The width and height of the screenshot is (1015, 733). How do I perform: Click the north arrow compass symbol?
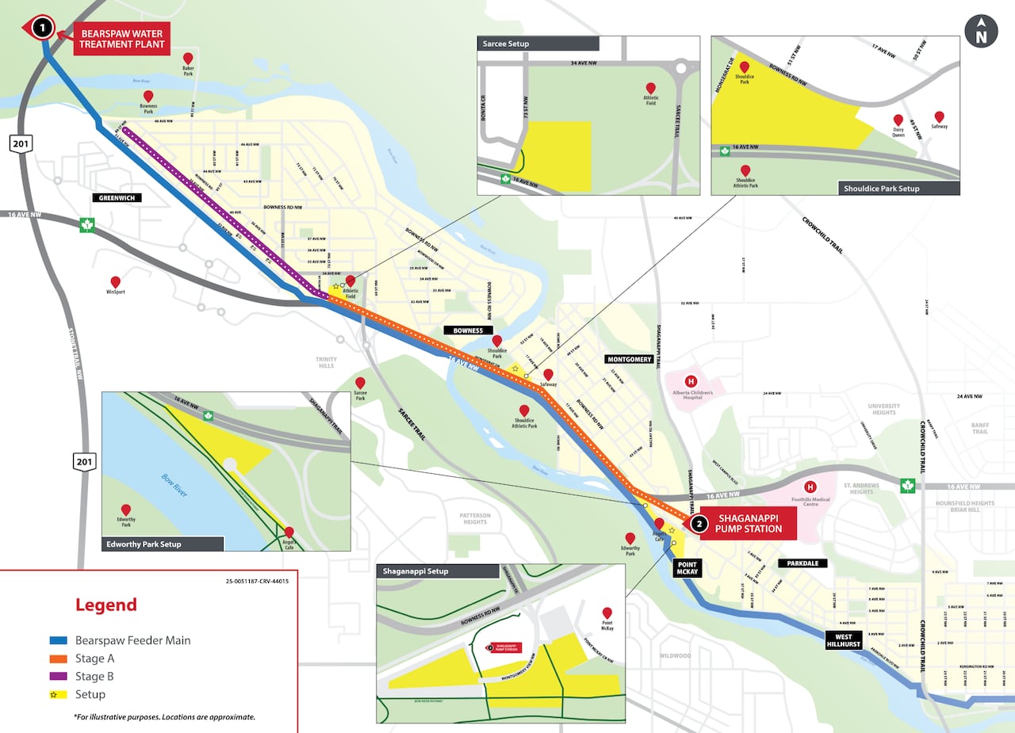point(981,32)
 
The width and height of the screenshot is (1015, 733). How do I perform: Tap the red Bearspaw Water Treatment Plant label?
point(122,38)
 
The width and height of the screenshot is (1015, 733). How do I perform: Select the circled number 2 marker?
point(699,523)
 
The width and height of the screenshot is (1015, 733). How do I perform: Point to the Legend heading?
point(106,605)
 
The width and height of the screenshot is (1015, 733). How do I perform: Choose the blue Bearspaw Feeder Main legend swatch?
point(58,640)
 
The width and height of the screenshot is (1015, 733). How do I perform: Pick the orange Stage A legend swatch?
point(58,659)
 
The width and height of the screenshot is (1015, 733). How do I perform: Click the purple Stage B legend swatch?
point(58,677)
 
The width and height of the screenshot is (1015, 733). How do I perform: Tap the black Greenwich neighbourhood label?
point(116,198)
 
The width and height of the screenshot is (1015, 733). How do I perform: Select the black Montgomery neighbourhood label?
point(629,359)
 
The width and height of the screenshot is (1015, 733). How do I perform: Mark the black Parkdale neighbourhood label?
point(802,563)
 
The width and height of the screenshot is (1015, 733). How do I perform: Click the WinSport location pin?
point(116,281)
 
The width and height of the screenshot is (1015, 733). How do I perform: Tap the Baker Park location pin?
point(188,58)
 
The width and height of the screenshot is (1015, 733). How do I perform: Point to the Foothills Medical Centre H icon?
point(810,487)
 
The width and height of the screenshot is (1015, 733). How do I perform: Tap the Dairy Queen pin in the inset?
point(898,120)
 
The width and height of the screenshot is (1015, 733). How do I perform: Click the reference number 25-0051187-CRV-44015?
point(257,581)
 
